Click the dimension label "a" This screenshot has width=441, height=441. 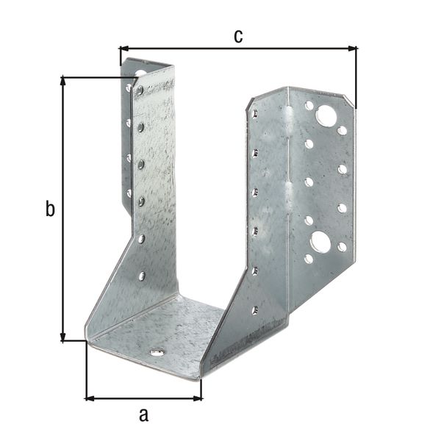point(144,415)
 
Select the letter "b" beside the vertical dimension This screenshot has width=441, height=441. point(49,209)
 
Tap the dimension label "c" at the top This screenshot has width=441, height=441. point(238,36)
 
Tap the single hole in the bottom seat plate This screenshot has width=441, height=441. point(157,353)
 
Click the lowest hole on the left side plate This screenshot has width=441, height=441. point(141,276)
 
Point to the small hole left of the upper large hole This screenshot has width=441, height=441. point(309,106)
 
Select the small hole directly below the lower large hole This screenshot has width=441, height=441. point(309,259)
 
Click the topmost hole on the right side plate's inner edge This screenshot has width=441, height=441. point(254,115)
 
